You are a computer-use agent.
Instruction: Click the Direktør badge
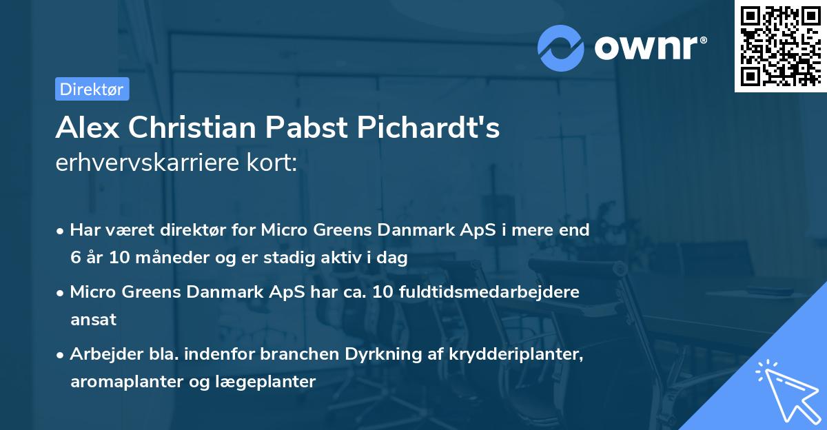tap(92, 89)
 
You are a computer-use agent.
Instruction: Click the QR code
tap(780, 45)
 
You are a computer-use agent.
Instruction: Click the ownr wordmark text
tap(649, 47)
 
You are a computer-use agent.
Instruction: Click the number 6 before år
tap(74, 258)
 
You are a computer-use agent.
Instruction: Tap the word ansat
tap(93, 319)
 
